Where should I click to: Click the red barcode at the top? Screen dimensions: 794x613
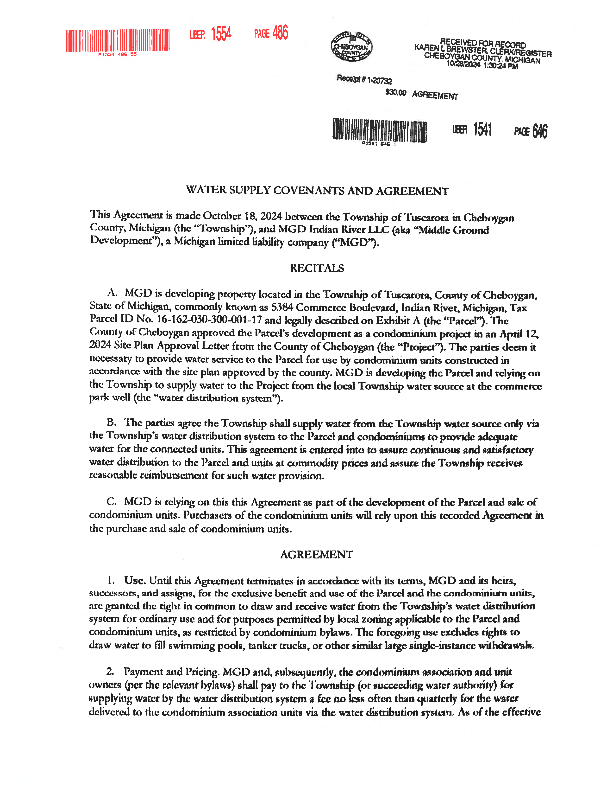(x=117, y=40)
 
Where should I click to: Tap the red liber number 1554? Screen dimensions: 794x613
(x=221, y=34)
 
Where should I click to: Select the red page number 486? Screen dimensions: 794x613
(x=280, y=33)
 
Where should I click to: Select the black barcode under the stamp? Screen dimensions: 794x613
(x=380, y=130)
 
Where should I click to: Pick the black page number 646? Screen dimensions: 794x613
(x=540, y=131)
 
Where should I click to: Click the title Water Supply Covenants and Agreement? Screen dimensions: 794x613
(x=317, y=191)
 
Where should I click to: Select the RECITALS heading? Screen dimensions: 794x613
(x=317, y=268)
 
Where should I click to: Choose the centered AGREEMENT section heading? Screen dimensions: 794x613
(x=316, y=554)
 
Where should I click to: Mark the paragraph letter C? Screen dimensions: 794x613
(x=111, y=502)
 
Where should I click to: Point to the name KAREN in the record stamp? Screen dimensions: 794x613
(x=426, y=47)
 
